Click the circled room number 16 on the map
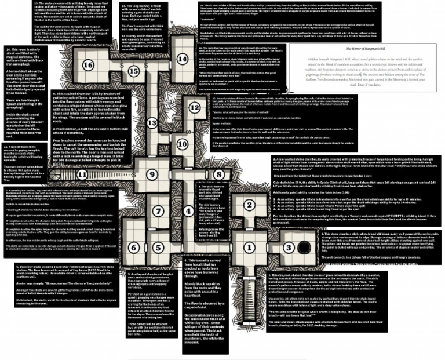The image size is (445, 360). [x=88, y=65]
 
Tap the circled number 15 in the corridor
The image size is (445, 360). [x=134, y=71]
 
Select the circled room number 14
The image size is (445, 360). [x=183, y=59]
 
